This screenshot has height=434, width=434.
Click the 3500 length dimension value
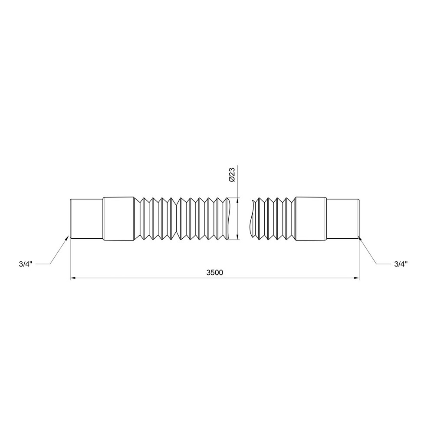[214, 273]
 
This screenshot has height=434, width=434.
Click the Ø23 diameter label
[232, 174]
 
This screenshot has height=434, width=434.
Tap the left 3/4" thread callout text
[26, 264]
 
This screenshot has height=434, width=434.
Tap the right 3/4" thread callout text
[401, 264]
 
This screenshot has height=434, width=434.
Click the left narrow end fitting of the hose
[86, 219]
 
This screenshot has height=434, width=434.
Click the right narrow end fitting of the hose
[343, 219]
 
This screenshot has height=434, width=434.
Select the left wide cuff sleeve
[118, 219]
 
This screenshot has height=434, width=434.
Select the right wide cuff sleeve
[311, 219]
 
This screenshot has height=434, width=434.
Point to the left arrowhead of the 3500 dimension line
[73, 278]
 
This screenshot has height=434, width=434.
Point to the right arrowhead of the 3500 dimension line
[356, 278]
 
